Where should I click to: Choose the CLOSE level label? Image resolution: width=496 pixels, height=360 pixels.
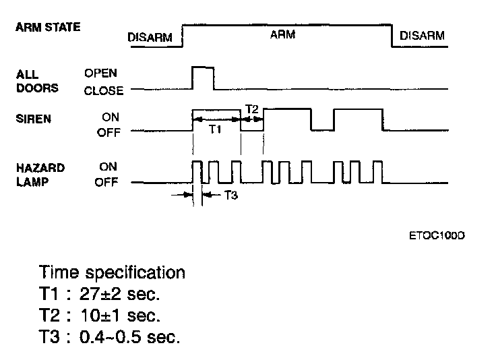(x=104, y=90)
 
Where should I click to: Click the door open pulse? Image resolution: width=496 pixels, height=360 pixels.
(x=203, y=78)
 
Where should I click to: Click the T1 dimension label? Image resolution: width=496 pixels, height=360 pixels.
(x=214, y=129)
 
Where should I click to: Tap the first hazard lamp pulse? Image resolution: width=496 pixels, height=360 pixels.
(x=196, y=172)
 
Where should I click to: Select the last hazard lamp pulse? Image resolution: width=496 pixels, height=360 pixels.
(x=377, y=172)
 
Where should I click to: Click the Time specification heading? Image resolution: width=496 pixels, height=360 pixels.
(x=112, y=273)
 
